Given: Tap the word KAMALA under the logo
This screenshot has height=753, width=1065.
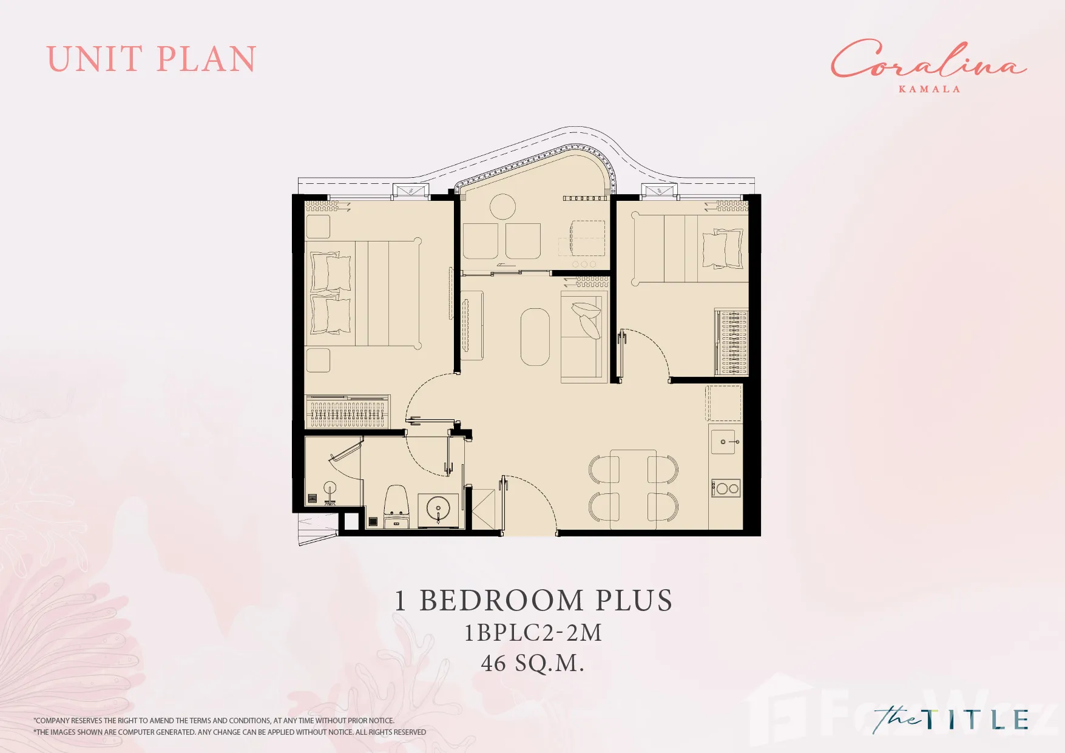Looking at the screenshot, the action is [929, 89].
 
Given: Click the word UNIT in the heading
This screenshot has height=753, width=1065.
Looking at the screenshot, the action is [94, 59].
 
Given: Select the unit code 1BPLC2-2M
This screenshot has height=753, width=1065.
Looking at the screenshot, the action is [533, 633].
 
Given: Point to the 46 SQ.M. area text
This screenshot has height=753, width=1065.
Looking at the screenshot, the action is [533, 663].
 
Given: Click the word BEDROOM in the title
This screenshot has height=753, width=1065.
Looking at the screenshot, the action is [502, 601].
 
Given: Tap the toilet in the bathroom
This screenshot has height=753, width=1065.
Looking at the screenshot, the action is [397, 506].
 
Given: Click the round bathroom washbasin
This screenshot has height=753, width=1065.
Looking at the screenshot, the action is [438, 508].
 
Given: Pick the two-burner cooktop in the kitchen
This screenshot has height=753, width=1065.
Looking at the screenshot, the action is [726, 488].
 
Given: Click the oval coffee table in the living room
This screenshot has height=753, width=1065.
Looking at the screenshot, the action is [535, 337].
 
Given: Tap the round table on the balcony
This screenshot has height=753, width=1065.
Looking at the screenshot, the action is [502, 206].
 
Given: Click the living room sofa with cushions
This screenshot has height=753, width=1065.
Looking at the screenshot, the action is [584, 336].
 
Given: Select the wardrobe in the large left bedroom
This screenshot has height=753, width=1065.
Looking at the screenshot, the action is [347, 411].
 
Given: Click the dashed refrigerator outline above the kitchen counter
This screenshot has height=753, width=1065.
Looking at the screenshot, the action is [723, 403].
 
